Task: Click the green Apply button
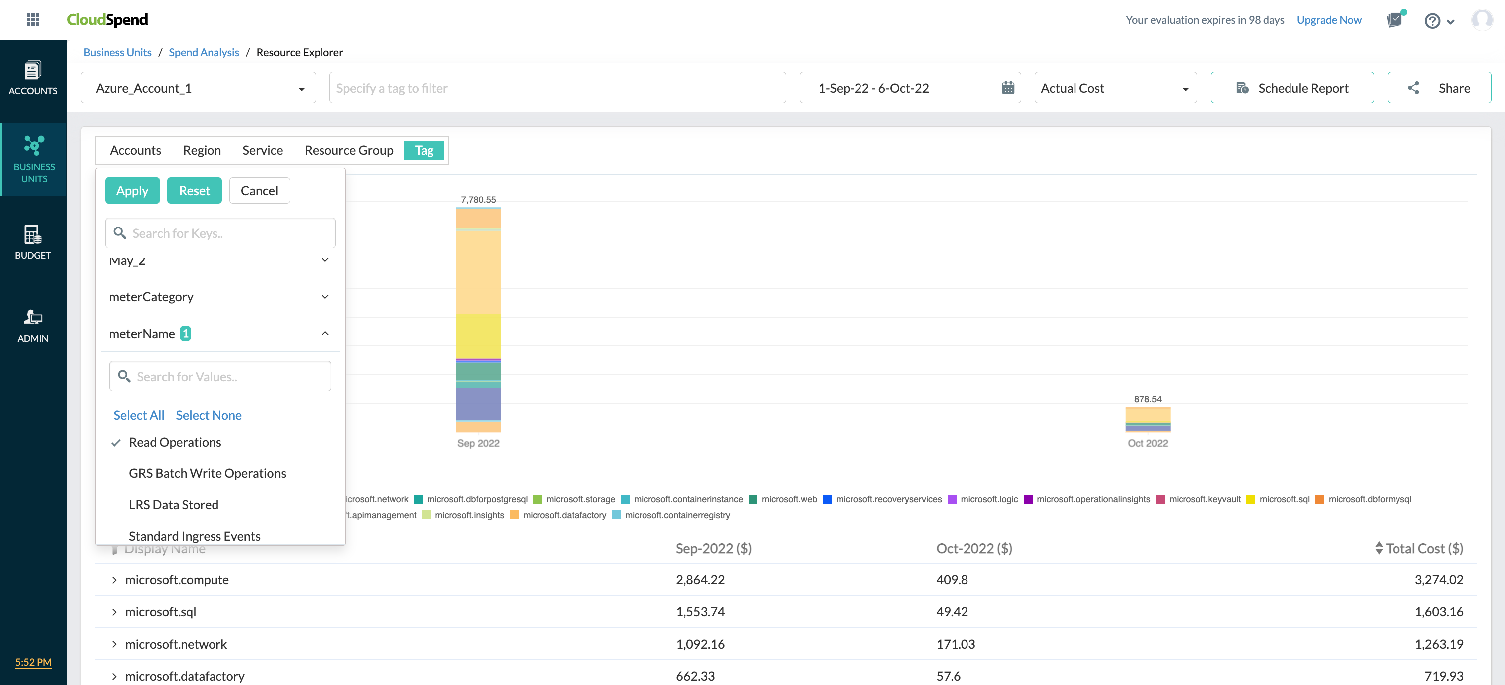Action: click(132, 191)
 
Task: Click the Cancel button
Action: click(259, 191)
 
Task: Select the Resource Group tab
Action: click(348, 150)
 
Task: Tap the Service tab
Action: click(262, 150)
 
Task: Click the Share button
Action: click(1438, 88)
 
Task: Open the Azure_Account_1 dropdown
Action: click(198, 88)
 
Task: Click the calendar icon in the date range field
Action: click(1007, 88)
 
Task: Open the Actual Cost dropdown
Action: click(1115, 88)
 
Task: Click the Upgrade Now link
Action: click(1328, 20)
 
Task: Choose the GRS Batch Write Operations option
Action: click(207, 473)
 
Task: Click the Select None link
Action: click(208, 415)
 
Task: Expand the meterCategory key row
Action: click(219, 297)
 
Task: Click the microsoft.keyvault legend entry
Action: click(1203, 499)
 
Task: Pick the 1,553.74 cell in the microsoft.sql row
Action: click(699, 612)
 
